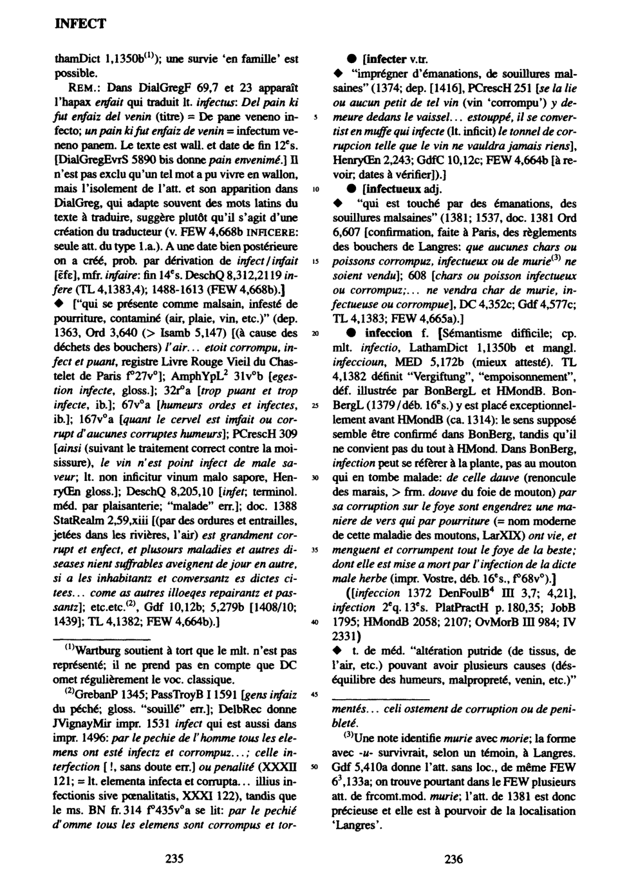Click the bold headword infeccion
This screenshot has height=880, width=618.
point(388,333)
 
